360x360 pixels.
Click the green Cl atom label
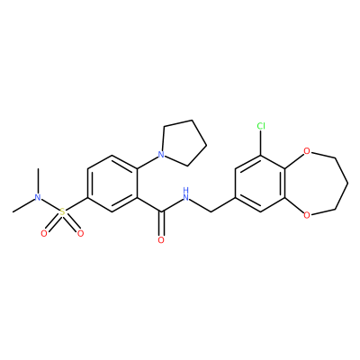click(261, 127)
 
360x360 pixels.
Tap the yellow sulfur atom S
click(62, 212)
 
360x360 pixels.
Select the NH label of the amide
click(186, 194)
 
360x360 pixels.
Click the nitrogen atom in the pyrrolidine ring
click(161, 155)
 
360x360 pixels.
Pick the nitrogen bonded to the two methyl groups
click(38, 197)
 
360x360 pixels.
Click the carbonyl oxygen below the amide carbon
click(161, 240)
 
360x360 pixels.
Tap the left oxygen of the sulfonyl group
click(44, 234)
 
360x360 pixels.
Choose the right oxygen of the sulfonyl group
click(80, 234)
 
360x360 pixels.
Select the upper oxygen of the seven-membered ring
click(306, 150)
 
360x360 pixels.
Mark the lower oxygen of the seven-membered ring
click(306, 215)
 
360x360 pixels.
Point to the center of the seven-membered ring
click(317, 183)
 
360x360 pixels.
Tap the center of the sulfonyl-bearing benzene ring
click(112, 184)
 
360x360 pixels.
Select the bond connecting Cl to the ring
click(261, 143)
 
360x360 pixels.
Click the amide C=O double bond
click(162, 224)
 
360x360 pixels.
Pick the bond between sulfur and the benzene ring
click(76, 205)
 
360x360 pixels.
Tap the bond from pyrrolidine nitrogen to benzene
click(148, 162)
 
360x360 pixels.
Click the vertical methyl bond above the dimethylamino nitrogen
click(38, 181)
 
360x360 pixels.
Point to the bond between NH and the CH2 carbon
click(201, 206)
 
